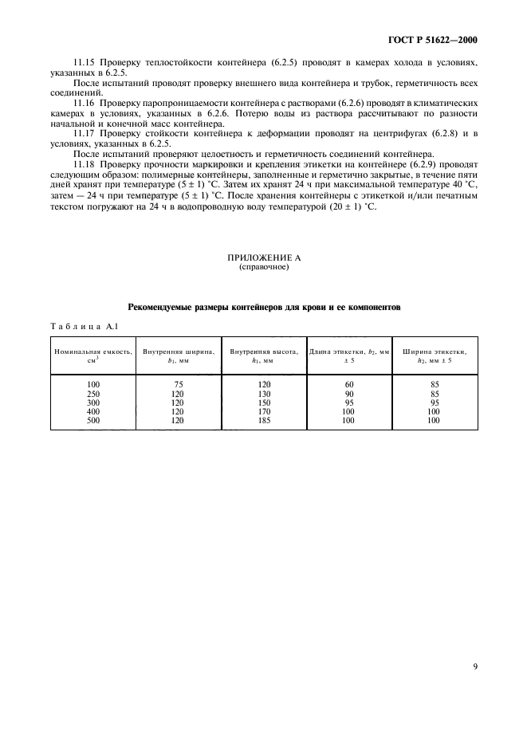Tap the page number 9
coord(475,646)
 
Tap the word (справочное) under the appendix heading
coord(264,268)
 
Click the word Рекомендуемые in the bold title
coord(166,307)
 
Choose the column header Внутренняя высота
coord(263,351)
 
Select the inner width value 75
coord(179,384)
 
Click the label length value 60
coord(348,384)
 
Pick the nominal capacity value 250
coord(94,393)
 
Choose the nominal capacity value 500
coord(94,420)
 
